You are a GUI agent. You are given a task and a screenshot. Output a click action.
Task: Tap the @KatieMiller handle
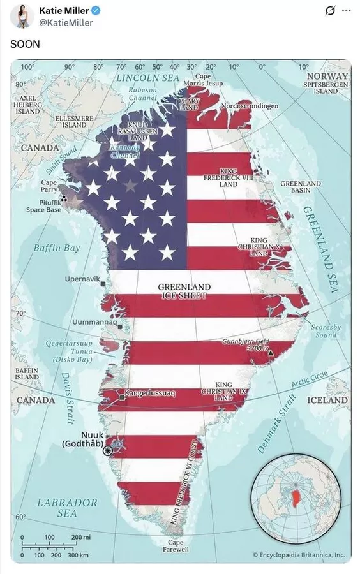coord(66,23)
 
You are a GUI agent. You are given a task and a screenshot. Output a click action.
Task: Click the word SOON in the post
coord(25,44)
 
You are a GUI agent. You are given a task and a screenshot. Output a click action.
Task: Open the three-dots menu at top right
coord(347,11)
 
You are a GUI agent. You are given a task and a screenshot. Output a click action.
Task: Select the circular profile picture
coord(22,16)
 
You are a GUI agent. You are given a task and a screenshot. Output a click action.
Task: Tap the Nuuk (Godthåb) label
coord(83,439)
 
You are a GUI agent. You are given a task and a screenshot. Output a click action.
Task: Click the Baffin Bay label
coord(57,247)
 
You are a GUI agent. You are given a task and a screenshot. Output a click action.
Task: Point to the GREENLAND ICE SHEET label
coord(184,291)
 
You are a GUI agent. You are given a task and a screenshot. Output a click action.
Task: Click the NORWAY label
coord(327,76)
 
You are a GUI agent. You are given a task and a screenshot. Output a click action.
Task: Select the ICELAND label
coord(327,401)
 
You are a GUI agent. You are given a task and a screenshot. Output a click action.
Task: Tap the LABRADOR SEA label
coord(66,508)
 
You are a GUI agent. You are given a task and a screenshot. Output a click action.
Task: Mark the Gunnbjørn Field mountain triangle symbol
coord(271,352)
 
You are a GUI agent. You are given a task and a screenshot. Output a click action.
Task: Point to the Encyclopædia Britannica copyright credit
coord(298,555)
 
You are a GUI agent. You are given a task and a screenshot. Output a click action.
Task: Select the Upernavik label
coord(81,279)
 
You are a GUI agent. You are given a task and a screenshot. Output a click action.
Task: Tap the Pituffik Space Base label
coord(43,206)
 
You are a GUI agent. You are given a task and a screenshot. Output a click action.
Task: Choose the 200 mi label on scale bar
coord(82,538)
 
